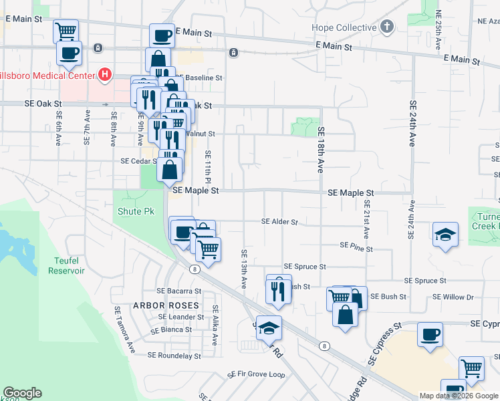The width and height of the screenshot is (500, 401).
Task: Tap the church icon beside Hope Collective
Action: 386,27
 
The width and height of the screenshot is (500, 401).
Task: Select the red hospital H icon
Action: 104,74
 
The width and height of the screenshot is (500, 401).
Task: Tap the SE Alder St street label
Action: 279,221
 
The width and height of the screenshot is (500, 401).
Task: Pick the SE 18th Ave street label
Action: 321,150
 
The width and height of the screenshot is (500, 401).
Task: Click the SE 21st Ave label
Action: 367,219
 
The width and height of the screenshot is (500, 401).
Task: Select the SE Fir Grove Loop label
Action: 256,374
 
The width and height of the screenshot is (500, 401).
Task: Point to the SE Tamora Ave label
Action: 124,331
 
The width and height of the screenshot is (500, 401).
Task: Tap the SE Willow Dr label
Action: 453,296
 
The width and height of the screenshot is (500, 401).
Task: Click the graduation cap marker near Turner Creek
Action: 445,235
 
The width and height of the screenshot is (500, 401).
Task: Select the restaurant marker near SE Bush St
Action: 279,289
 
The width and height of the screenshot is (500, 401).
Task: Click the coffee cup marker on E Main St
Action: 162,35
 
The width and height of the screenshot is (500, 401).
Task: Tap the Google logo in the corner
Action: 22,393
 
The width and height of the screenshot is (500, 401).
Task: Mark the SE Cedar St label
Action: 137,161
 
